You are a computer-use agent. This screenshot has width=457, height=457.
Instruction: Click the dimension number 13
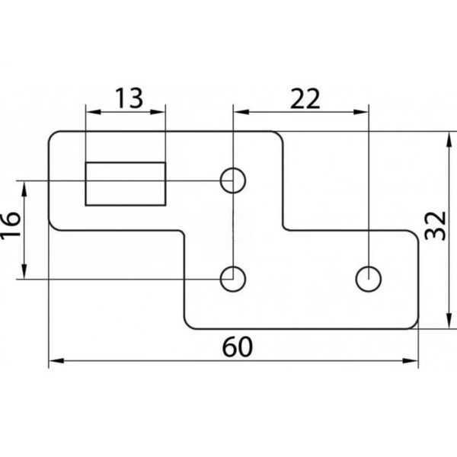(129, 97)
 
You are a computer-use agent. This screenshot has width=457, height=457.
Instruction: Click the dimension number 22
(305, 99)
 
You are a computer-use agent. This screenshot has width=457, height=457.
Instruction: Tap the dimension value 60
(237, 347)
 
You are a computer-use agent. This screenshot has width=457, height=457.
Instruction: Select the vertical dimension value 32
(436, 226)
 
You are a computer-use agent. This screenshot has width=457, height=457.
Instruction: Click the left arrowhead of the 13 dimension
(93, 112)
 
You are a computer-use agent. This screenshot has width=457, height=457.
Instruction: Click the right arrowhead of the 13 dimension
(158, 112)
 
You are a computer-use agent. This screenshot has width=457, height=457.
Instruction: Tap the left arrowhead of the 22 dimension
(241, 112)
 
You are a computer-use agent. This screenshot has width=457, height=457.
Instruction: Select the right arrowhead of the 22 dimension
(361, 112)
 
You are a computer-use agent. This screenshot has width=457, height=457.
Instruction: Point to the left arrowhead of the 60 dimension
(56, 361)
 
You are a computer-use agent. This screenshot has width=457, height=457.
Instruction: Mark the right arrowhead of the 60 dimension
(410, 361)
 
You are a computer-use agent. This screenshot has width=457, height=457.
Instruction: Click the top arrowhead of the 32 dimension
(449, 139)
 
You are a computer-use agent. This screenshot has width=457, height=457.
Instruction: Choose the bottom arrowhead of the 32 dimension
(449, 321)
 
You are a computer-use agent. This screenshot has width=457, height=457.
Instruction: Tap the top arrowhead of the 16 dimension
(24, 189)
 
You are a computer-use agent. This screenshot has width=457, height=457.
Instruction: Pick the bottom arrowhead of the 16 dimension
(24, 271)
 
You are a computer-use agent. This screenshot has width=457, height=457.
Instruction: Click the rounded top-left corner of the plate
(52, 135)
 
